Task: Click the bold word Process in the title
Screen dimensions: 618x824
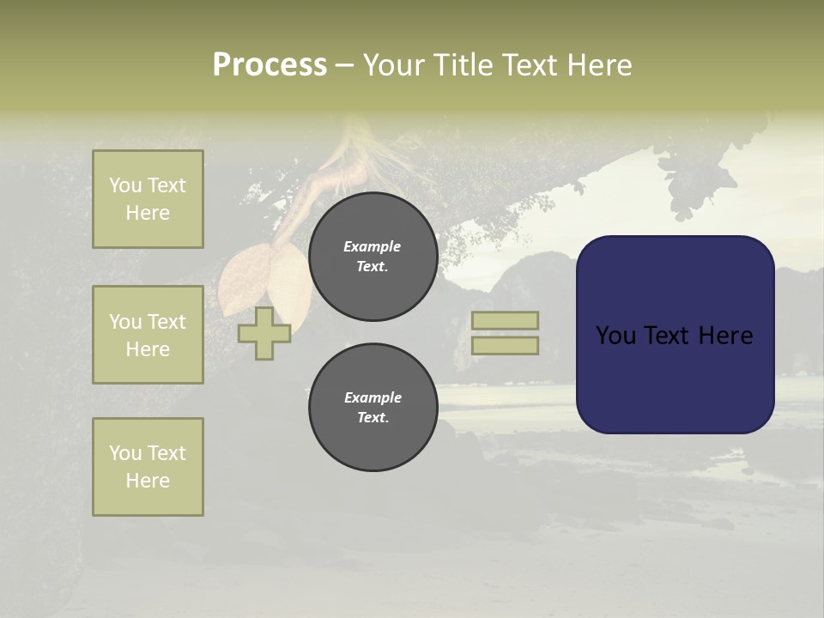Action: [270, 65]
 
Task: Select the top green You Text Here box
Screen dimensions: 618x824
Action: [148, 199]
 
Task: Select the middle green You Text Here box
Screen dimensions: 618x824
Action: [148, 335]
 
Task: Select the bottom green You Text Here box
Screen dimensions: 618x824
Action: [148, 467]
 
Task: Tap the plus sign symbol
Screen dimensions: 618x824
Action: [264, 333]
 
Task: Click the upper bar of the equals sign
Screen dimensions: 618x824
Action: [505, 320]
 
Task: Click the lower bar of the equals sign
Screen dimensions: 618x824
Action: [505, 345]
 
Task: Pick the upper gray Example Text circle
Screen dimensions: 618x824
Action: [373, 257]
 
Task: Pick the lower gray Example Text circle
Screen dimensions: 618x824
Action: [373, 408]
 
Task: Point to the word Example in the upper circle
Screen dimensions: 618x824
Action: [373, 246]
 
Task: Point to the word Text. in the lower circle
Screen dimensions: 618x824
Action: [373, 418]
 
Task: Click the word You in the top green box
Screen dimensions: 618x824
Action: [124, 185]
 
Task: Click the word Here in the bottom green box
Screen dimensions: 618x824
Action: [148, 481]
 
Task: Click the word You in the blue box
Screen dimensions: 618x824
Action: [615, 336]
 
